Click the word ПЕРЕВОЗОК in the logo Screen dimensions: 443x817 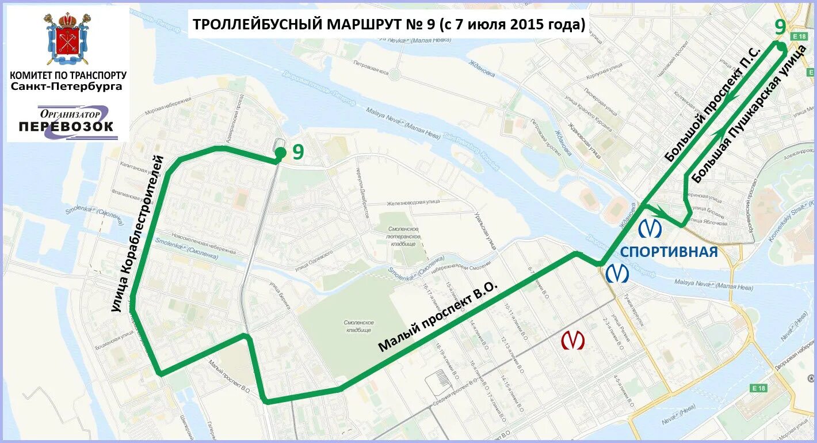(66, 126)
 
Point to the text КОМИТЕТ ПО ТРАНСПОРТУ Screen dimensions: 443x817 (68, 75)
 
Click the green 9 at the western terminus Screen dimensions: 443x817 (298, 152)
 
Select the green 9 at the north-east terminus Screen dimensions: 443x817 (780, 26)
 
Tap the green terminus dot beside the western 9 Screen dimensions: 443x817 (280, 153)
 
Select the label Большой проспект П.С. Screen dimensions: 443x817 (713, 104)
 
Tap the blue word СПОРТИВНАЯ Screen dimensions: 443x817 (669, 252)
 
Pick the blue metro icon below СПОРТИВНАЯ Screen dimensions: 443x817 (617, 273)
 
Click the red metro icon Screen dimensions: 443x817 (572, 340)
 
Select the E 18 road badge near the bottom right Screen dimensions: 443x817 (759, 388)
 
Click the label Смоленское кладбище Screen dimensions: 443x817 (360, 326)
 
